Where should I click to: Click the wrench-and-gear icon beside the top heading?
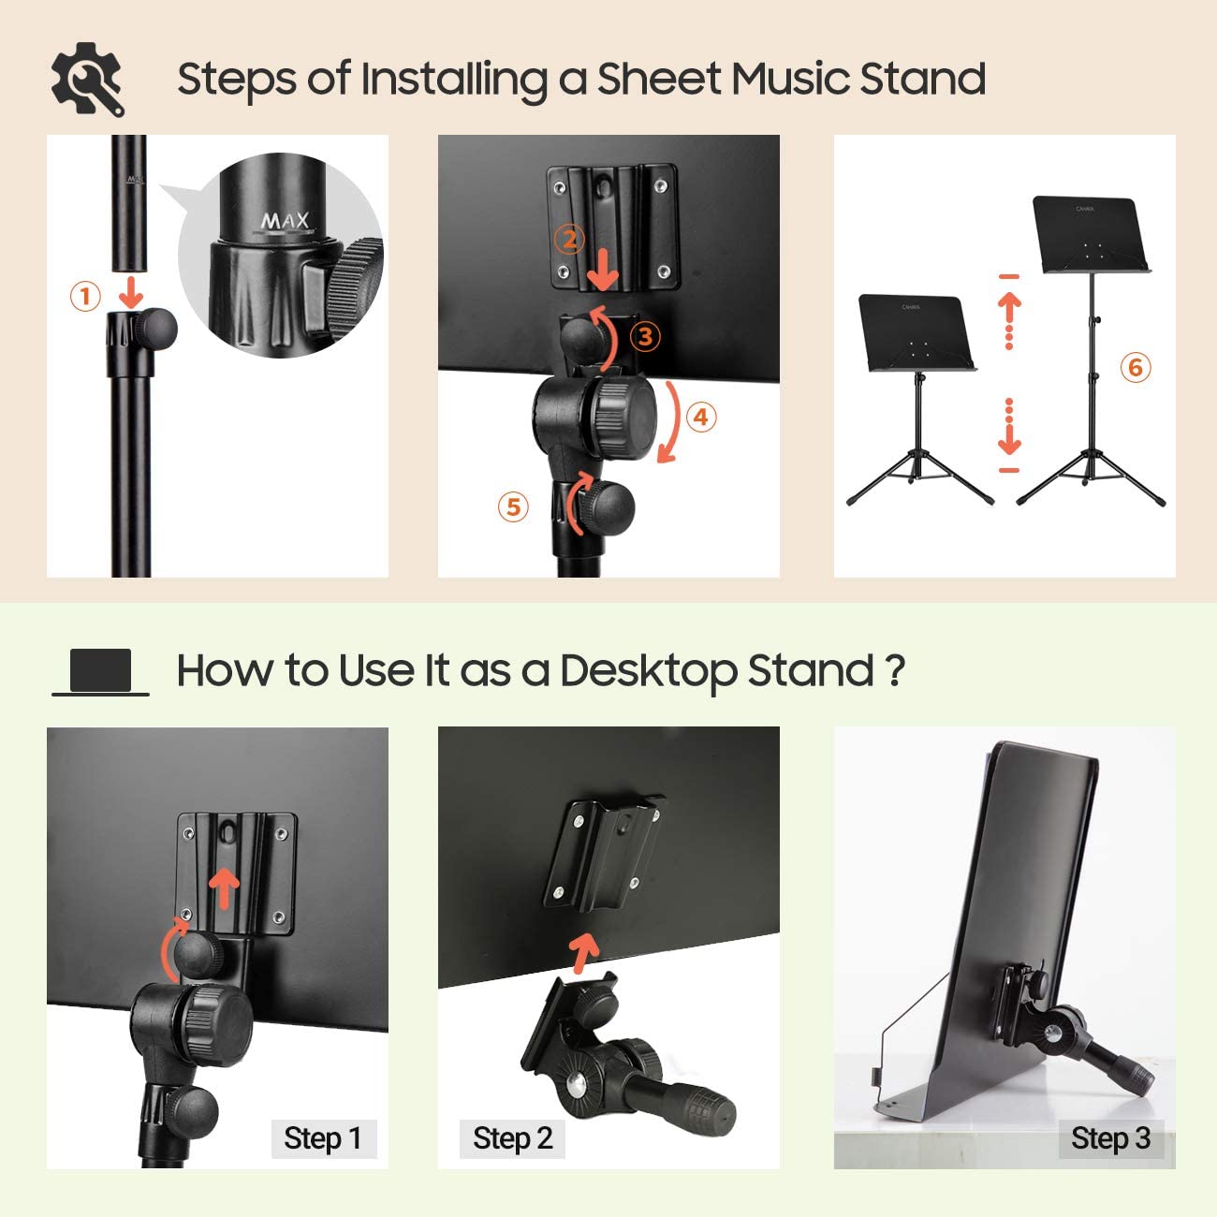[x=87, y=80]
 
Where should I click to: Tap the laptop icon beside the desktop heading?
[x=100, y=672]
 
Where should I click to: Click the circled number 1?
[x=85, y=297]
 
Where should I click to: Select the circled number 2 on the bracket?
[x=570, y=240]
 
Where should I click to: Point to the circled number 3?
[x=645, y=336]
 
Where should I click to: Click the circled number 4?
[x=701, y=416]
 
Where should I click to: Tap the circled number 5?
[x=513, y=506]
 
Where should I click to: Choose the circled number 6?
[x=1136, y=367]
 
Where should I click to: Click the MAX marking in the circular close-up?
[x=284, y=222]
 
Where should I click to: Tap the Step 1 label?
[x=322, y=1138]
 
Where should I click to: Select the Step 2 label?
[x=512, y=1138]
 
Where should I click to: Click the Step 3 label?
[x=1110, y=1138]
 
